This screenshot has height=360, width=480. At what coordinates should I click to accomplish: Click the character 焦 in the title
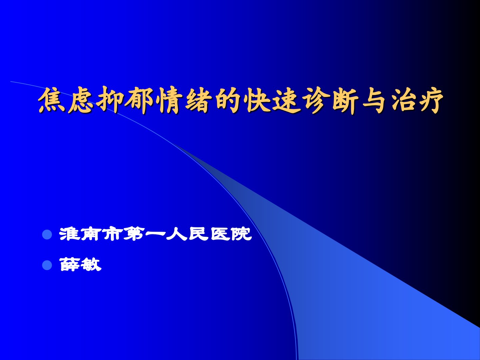tap(52, 100)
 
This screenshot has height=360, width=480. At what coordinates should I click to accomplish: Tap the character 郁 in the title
tap(139, 100)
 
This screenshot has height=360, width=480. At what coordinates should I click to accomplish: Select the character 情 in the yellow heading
tap(169, 100)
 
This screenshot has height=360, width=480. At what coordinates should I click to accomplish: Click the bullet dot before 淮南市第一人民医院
tap(47, 235)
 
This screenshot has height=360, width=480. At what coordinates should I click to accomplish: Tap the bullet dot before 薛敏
tap(47, 265)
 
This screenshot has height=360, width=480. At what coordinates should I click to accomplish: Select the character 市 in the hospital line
tap(112, 234)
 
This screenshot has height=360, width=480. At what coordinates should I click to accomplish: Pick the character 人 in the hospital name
tap(177, 234)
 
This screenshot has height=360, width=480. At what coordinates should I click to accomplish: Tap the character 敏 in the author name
tap(91, 264)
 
